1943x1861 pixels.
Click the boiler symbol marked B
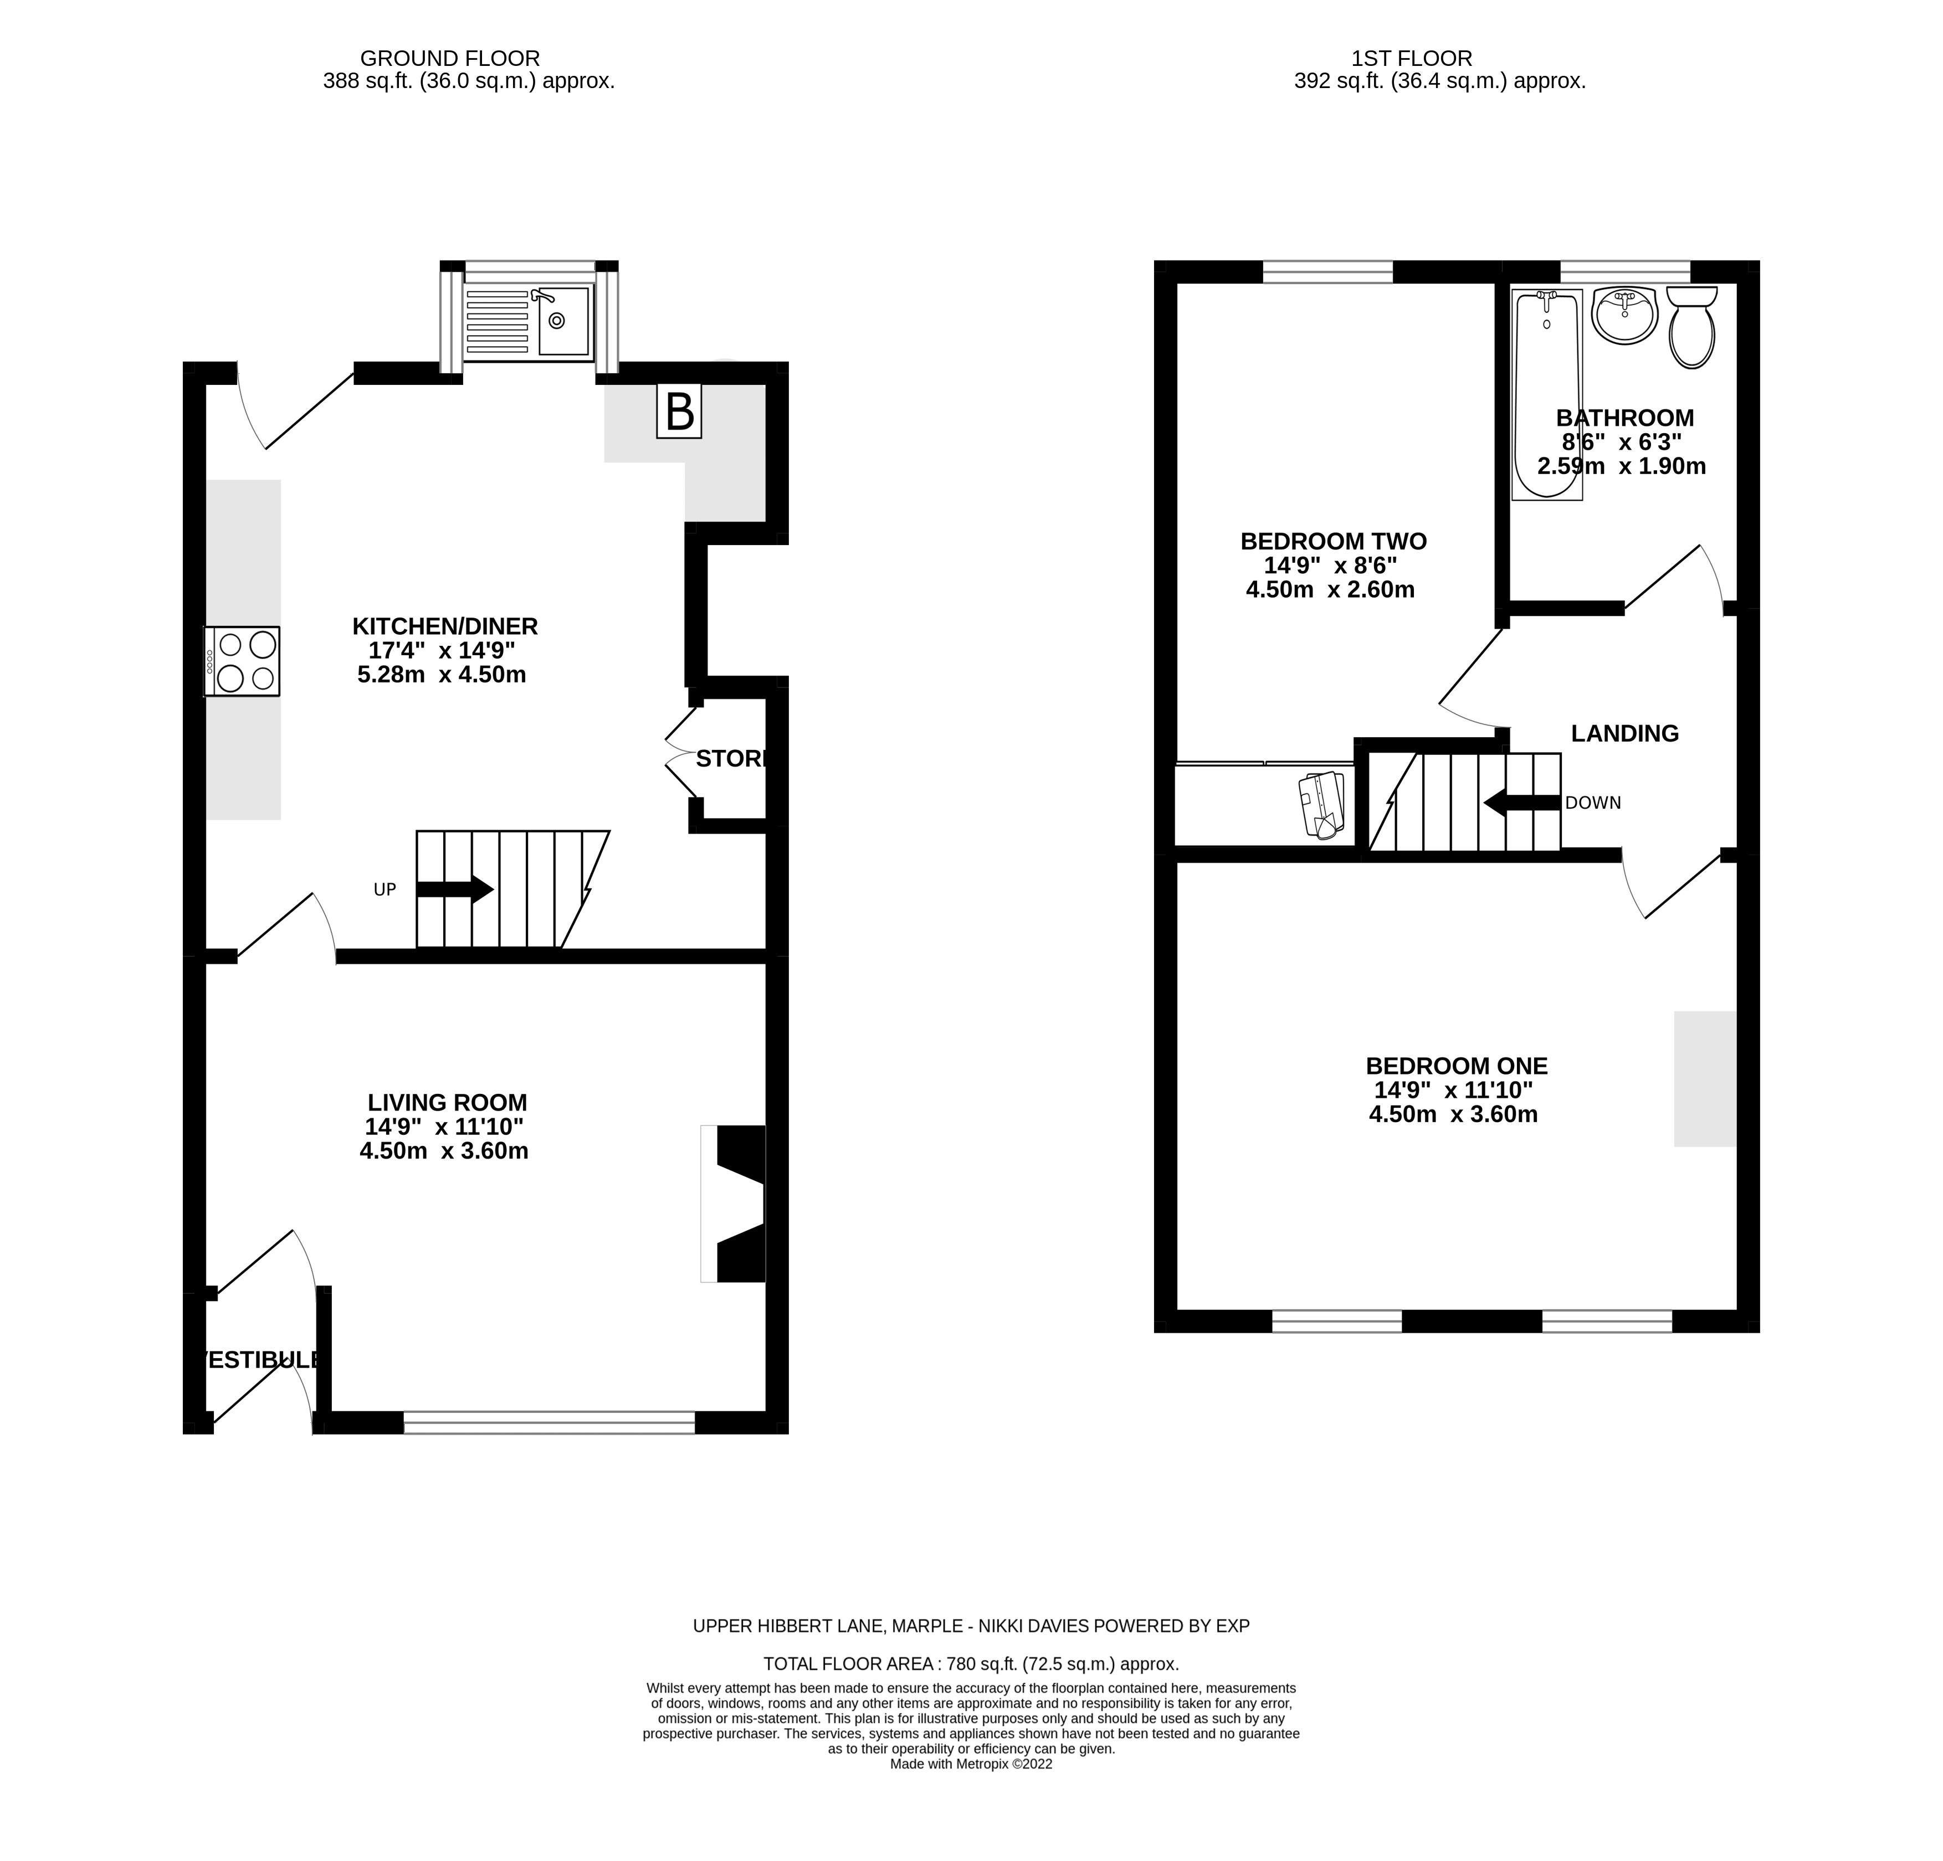(x=679, y=412)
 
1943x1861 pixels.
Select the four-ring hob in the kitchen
(x=243, y=661)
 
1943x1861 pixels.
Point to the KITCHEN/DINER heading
(x=445, y=626)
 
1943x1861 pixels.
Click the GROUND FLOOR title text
(x=449, y=59)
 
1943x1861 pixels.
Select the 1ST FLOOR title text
(x=1412, y=59)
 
